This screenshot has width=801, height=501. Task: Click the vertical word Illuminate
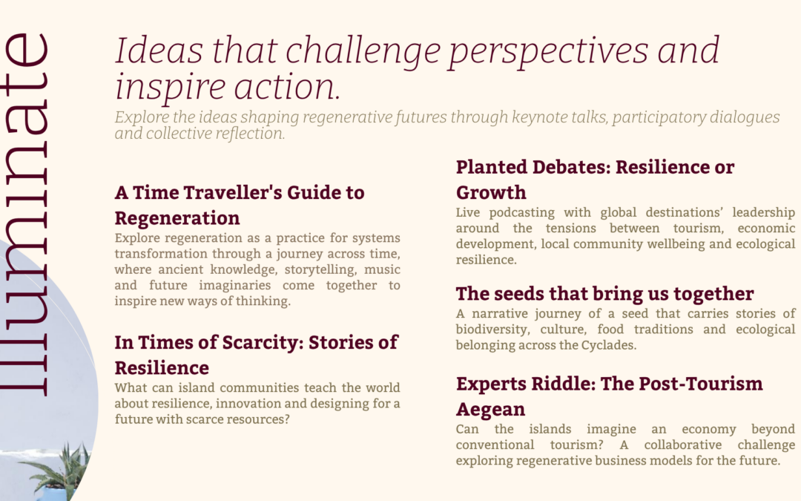24,215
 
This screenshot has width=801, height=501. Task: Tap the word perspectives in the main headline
548,52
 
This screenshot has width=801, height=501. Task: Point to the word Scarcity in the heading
263,342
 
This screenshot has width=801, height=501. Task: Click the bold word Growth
491,193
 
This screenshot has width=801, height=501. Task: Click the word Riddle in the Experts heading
564,384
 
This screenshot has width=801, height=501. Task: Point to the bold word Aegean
490,410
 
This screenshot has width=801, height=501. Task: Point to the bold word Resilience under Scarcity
162,368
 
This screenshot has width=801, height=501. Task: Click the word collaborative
682,445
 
